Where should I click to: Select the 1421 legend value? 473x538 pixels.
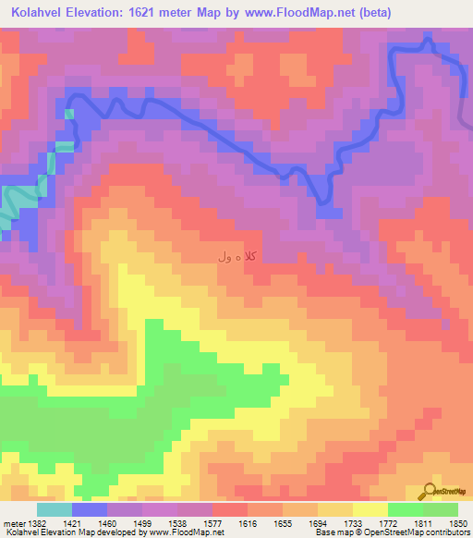(x=72, y=523)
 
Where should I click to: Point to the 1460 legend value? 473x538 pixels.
(x=107, y=523)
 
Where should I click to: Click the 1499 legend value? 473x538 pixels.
(x=142, y=523)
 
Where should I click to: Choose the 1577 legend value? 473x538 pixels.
(x=212, y=523)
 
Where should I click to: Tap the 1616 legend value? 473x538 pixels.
(x=248, y=523)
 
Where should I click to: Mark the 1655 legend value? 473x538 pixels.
(x=283, y=523)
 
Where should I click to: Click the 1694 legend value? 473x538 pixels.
(x=318, y=523)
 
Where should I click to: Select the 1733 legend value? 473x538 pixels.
(x=353, y=523)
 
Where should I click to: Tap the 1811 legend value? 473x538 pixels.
(x=423, y=523)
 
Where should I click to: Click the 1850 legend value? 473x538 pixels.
(x=458, y=523)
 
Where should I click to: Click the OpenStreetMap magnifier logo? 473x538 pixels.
(x=430, y=490)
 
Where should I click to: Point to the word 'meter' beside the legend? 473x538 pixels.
(x=16, y=523)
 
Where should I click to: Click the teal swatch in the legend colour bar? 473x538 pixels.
(x=55, y=509)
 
